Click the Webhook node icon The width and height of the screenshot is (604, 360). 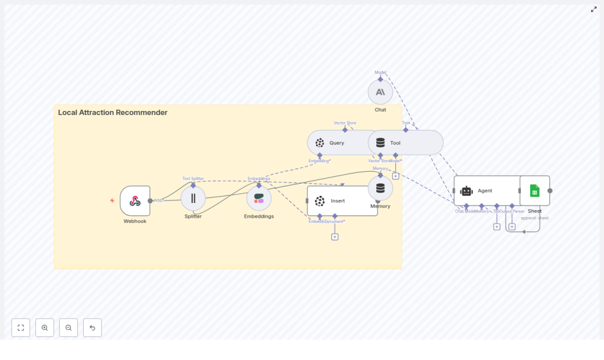click(135, 201)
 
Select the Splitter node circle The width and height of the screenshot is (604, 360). click(193, 198)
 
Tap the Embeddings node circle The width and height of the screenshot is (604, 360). click(259, 198)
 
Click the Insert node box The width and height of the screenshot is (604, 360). click(342, 201)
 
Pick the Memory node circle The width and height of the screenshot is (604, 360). click(380, 188)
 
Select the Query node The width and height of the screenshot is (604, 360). click(336, 143)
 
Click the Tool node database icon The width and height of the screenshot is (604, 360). click(380, 143)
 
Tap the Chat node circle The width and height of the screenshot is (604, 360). click(380, 92)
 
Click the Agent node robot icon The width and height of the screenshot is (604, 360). click(467, 191)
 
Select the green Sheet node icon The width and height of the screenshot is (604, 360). click(534, 191)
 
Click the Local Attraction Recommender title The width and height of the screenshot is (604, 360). click(113, 113)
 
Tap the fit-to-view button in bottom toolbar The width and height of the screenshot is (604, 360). click(21, 328)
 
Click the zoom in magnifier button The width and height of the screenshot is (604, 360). click(45, 328)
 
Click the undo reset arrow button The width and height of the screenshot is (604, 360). click(93, 328)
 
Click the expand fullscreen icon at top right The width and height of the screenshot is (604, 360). click(593, 9)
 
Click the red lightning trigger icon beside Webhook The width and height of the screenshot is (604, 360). click(112, 201)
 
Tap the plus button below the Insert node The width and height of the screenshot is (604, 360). click(334, 237)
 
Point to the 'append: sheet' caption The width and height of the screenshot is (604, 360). click(534, 218)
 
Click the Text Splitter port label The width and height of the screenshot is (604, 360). click(193, 178)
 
